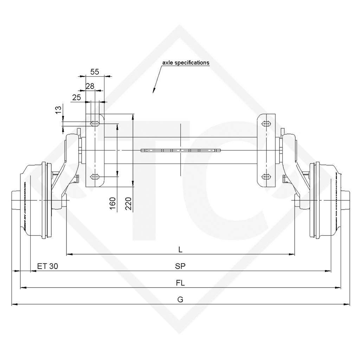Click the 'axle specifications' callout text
coord(185,63)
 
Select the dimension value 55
coord(95,72)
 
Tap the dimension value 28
coord(90,86)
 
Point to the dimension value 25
coord(77,98)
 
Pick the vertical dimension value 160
coord(112,204)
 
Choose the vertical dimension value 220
coord(128,204)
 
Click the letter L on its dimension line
coord(180,250)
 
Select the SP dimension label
coord(180,266)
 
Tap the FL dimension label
coord(180,283)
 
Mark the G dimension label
coord(180,300)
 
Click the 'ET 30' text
coord(47,266)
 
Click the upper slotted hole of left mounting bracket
coord(95,124)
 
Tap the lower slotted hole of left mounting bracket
coord(95,176)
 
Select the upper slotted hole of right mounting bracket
coord(266,124)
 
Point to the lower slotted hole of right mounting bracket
coord(266,176)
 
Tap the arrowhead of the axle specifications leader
coord(154,92)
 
